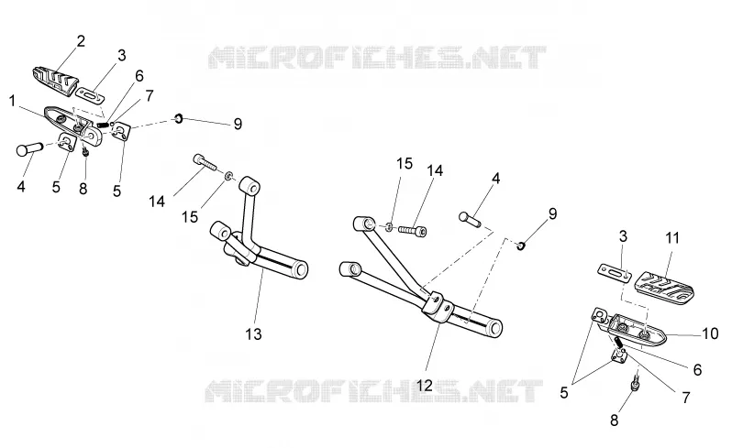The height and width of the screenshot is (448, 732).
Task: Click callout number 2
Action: point(81,41)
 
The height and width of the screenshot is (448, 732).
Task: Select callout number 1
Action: point(13,101)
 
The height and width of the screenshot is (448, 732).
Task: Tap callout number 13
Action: point(254,333)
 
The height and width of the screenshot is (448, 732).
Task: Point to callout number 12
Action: point(425,386)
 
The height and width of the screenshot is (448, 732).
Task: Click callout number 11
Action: point(672,238)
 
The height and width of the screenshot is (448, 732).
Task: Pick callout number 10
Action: point(711,333)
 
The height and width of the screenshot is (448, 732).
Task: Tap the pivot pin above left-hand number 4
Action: point(29,149)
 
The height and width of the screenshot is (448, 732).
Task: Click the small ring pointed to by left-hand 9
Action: point(178,119)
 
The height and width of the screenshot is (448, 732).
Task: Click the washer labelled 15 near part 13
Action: point(228,176)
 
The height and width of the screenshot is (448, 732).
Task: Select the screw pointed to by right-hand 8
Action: point(636,381)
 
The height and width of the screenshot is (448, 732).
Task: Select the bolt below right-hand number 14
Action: point(413,230)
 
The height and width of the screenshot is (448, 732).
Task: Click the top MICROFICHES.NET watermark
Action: point(377,58)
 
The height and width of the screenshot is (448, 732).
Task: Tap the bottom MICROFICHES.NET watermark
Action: point(374,390)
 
